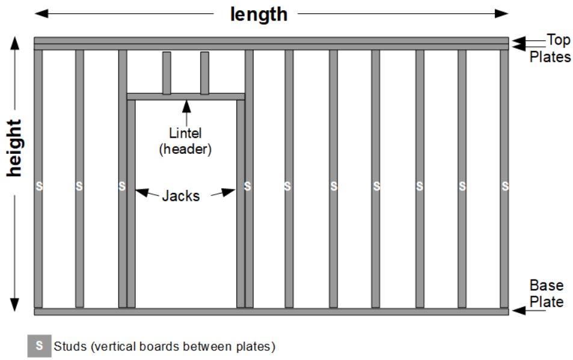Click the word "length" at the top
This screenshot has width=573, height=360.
pyautogui.click(x=259, y=14)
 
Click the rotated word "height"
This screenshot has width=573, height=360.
pyautogui.click(x=14, y=148)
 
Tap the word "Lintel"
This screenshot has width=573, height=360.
pyautogui.click(x=185, y=133)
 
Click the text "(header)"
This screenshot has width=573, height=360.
pyautogui.click(x=185, y=148)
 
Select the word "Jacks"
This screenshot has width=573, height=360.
pyautogui.click(x=180, y=195)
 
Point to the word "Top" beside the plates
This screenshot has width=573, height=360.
pyautogui.click(x=558, y=41)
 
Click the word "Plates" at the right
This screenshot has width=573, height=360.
pyautogui.click(x=550, y=58)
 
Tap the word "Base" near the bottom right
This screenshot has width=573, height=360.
pyautogui.click(x=546, y=285)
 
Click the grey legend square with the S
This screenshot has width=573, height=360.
pyautogui.click(x=39, y=346)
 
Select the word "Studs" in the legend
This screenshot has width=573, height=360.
pyautogui.click(x=69, y=347)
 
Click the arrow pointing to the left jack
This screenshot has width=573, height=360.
pyautogui.click(x=144, y=193)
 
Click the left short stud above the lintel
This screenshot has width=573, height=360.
pyautogui.click(x=167, y=73)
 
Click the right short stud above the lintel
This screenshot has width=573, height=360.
pyautogui.click(x=204, y=73)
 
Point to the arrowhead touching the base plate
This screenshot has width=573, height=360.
pyautogui.click(x=516, y=311)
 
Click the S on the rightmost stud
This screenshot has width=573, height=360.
pyautogui.click(x=504, y=186)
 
